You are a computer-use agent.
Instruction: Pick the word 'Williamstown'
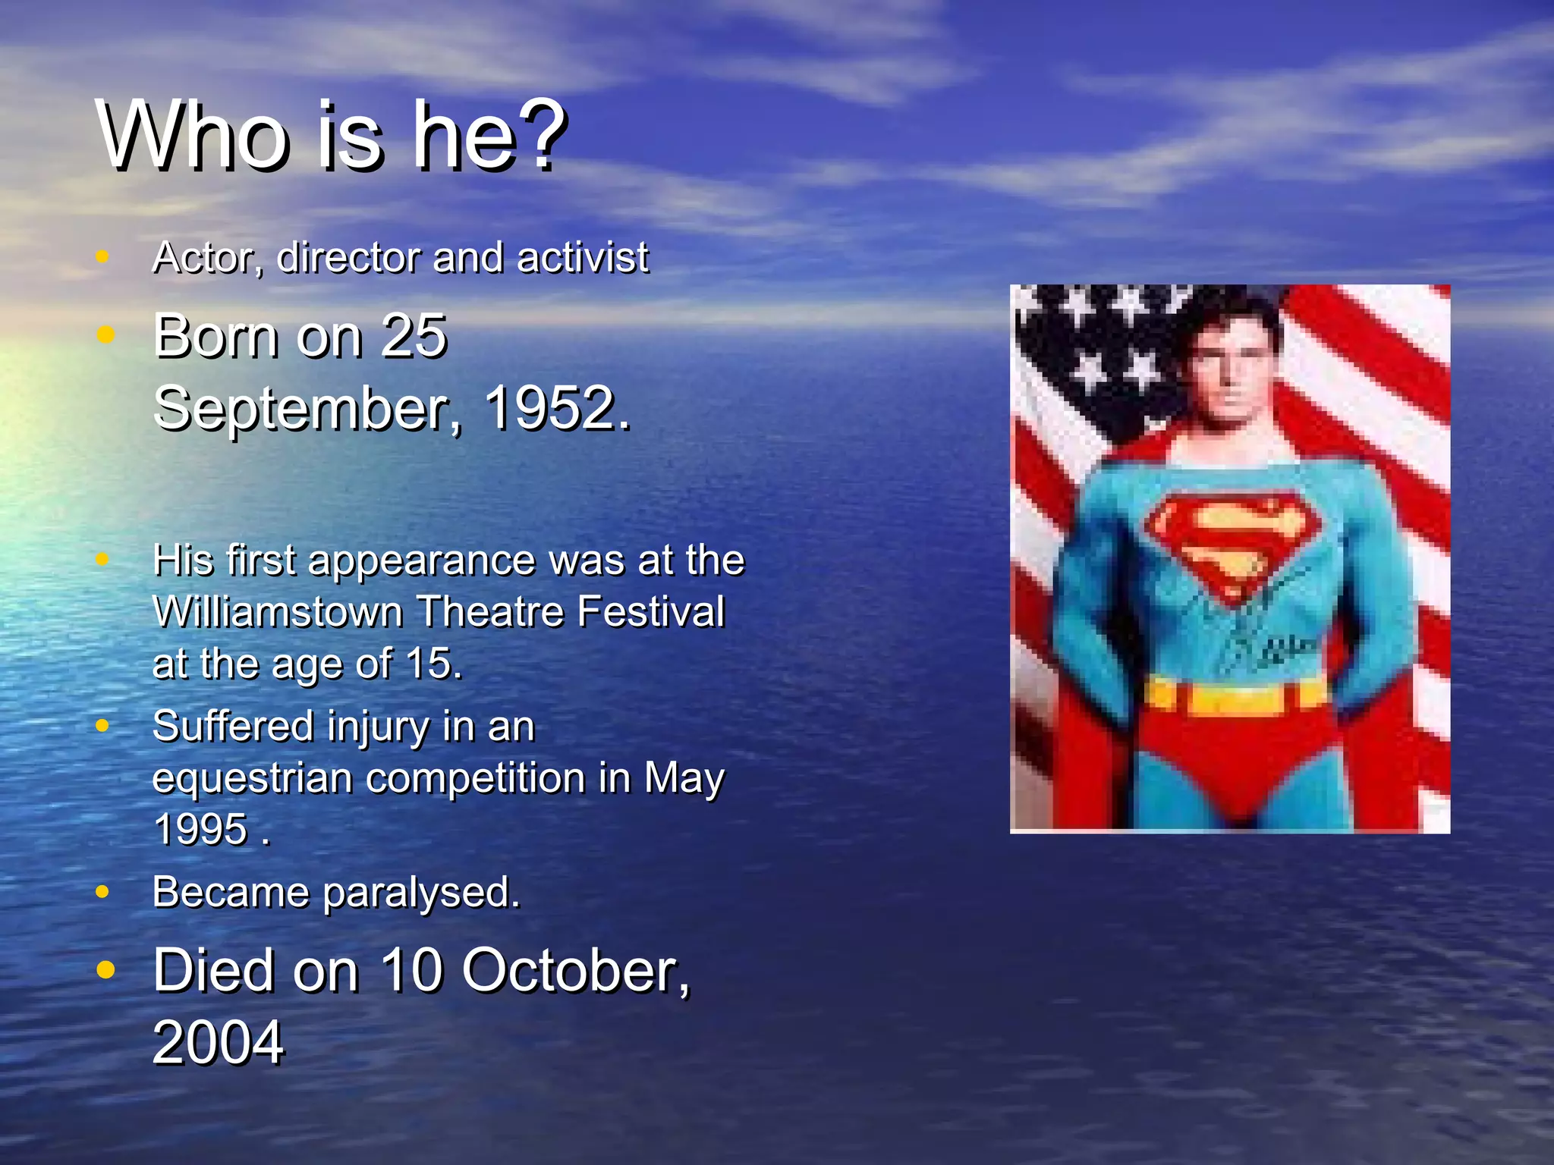[x=277, y=612]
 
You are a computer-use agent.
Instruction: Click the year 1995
[x=200, y=829]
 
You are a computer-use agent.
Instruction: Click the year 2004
[x=218, y=1043]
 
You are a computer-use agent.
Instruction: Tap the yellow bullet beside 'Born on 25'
[x=105, y=334]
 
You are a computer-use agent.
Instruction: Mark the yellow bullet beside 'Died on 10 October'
[x=105, y=969]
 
